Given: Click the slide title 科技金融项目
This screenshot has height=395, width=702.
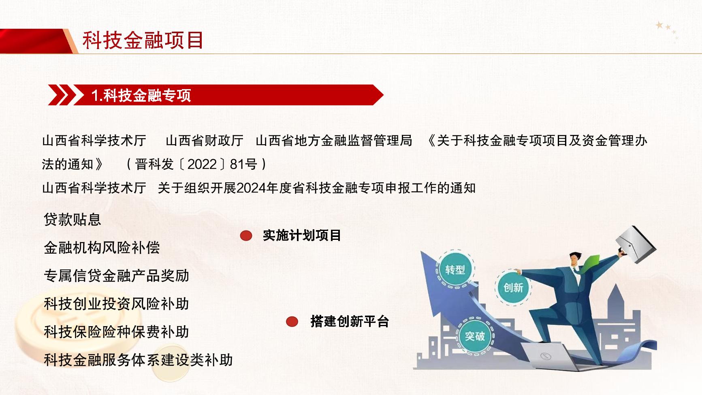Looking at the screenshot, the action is (143, 41).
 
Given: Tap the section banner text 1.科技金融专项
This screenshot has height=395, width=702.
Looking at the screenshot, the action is (141, 96).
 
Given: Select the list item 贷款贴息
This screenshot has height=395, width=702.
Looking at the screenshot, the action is (72, 220).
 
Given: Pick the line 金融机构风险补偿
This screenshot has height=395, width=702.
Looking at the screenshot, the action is (102, 248).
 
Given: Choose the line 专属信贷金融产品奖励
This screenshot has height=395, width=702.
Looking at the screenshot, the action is (116, 276).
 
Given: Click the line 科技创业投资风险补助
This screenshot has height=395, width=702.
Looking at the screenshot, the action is (116, 304).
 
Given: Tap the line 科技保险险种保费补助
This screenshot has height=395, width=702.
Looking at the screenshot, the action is (116, 332).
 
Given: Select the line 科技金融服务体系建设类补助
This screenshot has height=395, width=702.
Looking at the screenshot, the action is (138, 360).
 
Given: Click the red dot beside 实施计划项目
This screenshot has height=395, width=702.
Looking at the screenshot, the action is (246, 236).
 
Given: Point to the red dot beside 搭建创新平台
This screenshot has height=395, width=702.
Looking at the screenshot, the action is (292, 322).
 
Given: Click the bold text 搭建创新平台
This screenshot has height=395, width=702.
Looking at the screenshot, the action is (350, 322).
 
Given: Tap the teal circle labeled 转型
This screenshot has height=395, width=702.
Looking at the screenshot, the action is (455, 270).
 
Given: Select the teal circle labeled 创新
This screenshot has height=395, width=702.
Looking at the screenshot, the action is (513, 288).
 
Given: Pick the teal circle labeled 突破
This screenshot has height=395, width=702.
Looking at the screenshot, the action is (475, 336).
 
